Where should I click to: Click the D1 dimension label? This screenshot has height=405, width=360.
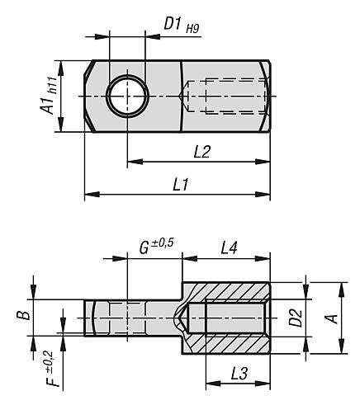[x=173, y=24]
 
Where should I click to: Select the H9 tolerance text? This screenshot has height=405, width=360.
[x=192, y=29]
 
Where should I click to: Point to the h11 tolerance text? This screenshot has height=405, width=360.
[x=52, y=85]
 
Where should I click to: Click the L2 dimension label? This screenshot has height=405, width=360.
[x=202, y=152]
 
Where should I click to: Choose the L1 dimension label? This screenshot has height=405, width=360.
[x=181, y=184]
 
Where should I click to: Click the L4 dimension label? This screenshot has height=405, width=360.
[x=229, y=247]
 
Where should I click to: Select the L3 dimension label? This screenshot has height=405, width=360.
[x=239, y=374]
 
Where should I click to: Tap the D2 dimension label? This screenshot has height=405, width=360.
[x=296, y=318]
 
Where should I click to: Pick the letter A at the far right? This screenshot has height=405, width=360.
[x=332, y=318]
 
